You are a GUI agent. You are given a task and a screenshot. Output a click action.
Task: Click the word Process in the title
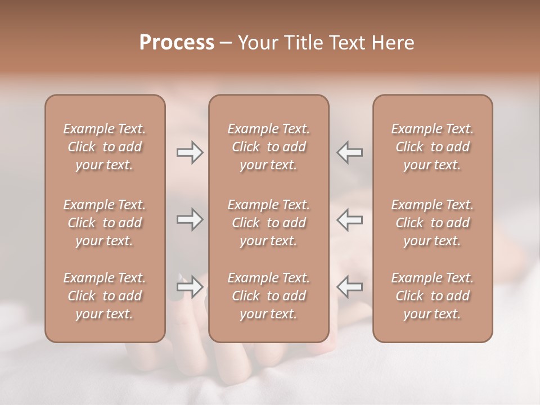coord(177,43)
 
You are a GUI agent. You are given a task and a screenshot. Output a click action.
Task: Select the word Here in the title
coord(393,43)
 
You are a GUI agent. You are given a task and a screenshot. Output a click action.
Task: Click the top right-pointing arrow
coord(190,152)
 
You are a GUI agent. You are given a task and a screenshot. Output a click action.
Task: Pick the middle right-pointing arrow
coord(190,219)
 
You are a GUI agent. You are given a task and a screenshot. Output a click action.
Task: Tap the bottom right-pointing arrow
coord(190,287)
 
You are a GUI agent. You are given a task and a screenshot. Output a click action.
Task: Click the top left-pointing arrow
coord(350,152)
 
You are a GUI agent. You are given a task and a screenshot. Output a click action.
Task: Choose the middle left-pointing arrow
coord(350,219)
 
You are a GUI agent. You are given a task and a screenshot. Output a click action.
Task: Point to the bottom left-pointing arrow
coord(350,287)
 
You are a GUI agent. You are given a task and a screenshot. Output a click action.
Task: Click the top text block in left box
coord(105,147)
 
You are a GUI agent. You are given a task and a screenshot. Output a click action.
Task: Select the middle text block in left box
coord(105,223)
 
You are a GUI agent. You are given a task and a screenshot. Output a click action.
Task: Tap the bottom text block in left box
coord(105,296)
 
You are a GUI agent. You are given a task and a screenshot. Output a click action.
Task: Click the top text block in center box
coord(268,147)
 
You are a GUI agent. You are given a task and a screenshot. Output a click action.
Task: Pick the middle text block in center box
coord(268,223)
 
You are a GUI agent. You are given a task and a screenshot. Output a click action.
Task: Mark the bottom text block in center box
coord(268,296)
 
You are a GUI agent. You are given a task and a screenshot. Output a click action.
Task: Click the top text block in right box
coord(432,147)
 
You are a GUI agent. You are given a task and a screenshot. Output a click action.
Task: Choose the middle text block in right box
coord(432,223)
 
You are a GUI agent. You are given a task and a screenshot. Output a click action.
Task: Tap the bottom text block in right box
coord(432,296)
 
